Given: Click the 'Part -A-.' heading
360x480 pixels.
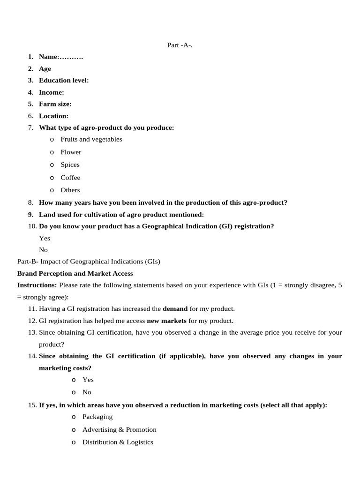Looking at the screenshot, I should tap(180, 45).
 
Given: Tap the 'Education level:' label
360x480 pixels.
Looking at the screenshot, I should tap(64, 80).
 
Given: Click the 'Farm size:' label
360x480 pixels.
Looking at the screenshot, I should tap(55, 104).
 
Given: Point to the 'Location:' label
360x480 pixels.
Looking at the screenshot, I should tap(53, 116).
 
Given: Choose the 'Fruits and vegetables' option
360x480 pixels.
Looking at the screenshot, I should tap(91, 139).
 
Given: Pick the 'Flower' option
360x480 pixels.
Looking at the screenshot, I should tap(71, 152).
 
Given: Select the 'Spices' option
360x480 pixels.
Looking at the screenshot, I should tap(70, 165).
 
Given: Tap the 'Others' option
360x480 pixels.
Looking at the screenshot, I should tap(70, 190).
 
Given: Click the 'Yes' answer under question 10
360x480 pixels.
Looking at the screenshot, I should tap(45, 238).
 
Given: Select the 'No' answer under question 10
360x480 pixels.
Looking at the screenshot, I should tap(44, 250).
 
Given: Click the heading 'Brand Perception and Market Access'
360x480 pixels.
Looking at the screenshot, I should tap(75, 273).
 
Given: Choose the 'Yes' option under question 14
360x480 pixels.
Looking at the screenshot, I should tap(88, 380).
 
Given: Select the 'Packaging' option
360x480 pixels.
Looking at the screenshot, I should tap(97, 417).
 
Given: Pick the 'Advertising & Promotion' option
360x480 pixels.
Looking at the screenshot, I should tap(119, 429).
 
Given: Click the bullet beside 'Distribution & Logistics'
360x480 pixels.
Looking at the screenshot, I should tap(74, 442).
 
